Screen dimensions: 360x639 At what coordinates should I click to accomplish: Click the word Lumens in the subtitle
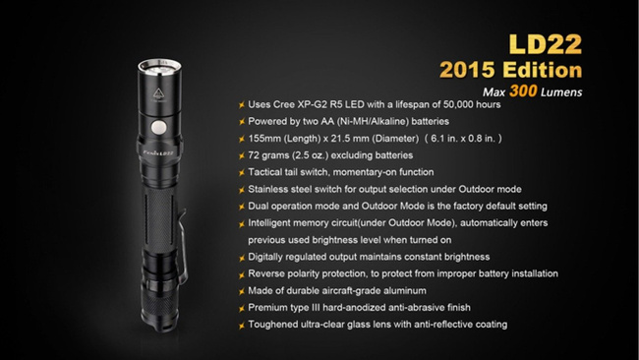561,93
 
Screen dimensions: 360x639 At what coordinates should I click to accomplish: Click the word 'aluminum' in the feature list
395,290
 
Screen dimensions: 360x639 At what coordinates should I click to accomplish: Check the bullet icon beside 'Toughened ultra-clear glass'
242,325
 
